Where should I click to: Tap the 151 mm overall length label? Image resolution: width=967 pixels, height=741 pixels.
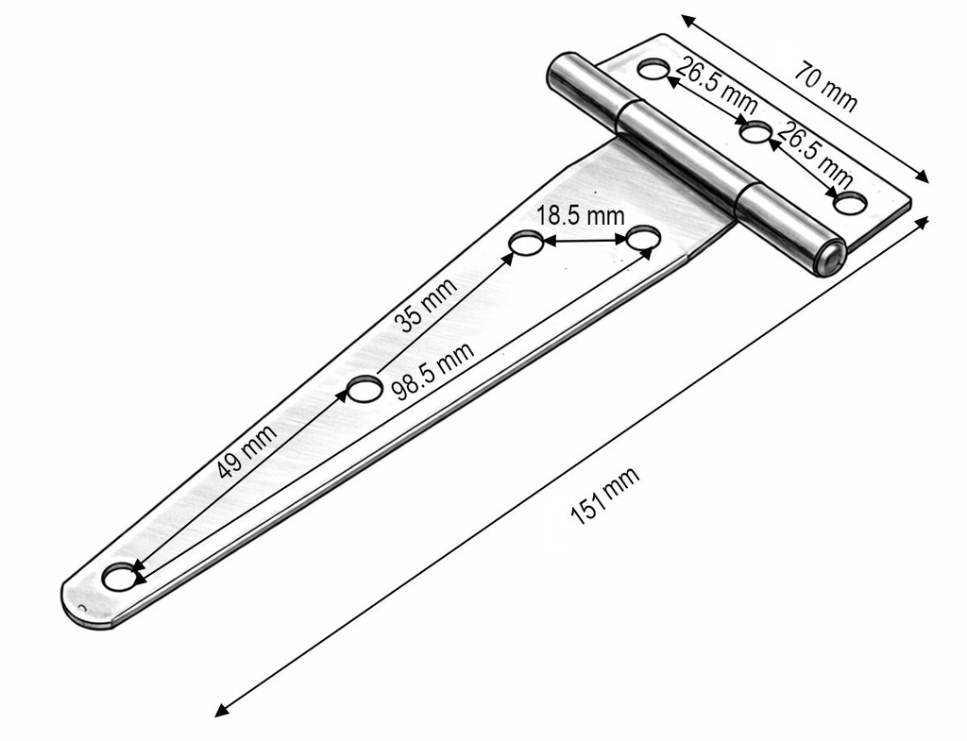(x=605, y=497)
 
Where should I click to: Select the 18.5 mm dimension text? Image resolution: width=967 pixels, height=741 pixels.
(x=580, y=216)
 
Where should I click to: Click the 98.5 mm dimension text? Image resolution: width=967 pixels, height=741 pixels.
(x=433, y=370)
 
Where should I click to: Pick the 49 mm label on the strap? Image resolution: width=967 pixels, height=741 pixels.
(x=247, y=450)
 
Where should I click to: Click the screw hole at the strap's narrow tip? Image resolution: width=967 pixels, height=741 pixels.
(x=120, y=577)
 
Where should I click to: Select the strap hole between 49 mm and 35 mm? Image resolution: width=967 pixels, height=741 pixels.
(x=364, y=389)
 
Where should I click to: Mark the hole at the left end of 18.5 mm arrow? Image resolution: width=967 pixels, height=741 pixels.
(x=526, y=243)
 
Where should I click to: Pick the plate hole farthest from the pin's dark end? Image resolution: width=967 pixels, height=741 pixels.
(x=653, y=70)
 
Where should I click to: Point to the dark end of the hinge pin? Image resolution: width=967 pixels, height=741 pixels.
(x=832, y=257)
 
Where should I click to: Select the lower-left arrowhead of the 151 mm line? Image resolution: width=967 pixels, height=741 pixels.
(x=221, y=710)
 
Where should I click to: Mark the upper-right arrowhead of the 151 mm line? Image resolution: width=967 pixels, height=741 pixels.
(x=922, y=223)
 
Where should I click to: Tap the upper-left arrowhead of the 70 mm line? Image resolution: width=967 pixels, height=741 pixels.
(x=687, y=21)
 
